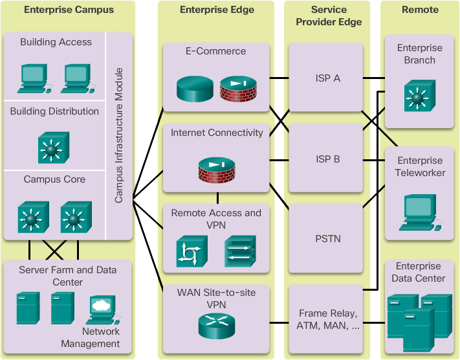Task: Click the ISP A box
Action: (327, 78)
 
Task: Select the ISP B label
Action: (327, 159)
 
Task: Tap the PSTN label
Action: (327, 239)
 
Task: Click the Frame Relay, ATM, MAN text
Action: (327, 320)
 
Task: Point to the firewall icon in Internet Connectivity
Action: (216, 168)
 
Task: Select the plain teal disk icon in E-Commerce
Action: (194, 89)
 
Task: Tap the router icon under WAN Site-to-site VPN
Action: (216, 326)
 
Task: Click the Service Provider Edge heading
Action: (328, 16)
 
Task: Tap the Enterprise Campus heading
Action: (69, 10)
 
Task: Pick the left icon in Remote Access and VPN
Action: (192, 251)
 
